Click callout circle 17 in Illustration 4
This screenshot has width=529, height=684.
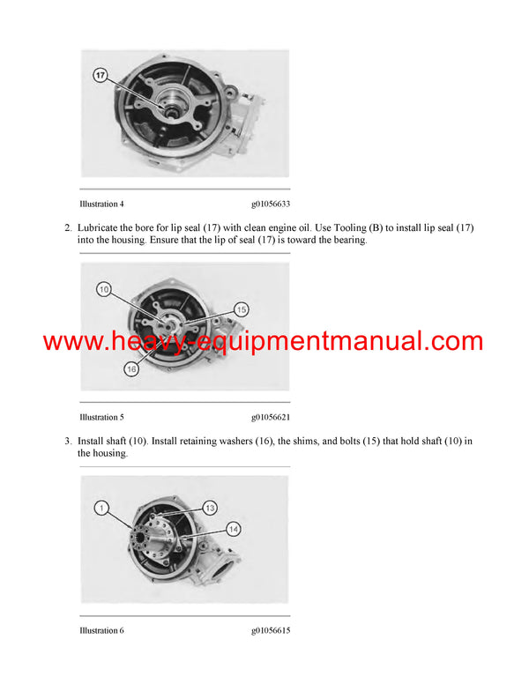[100, 76]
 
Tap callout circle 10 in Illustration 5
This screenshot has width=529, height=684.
[104, 289]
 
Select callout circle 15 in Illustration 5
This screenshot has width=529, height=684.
[242, 309]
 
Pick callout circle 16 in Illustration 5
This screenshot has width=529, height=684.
[131, 370]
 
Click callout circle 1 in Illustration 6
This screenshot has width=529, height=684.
[102, 508]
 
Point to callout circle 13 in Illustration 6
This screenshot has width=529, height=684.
[210, 508]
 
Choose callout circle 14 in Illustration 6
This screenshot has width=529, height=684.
[233, 529]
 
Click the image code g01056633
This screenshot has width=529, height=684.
[271, 204]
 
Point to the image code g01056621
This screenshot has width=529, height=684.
[271, 417]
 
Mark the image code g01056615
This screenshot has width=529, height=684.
[271, 630]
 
